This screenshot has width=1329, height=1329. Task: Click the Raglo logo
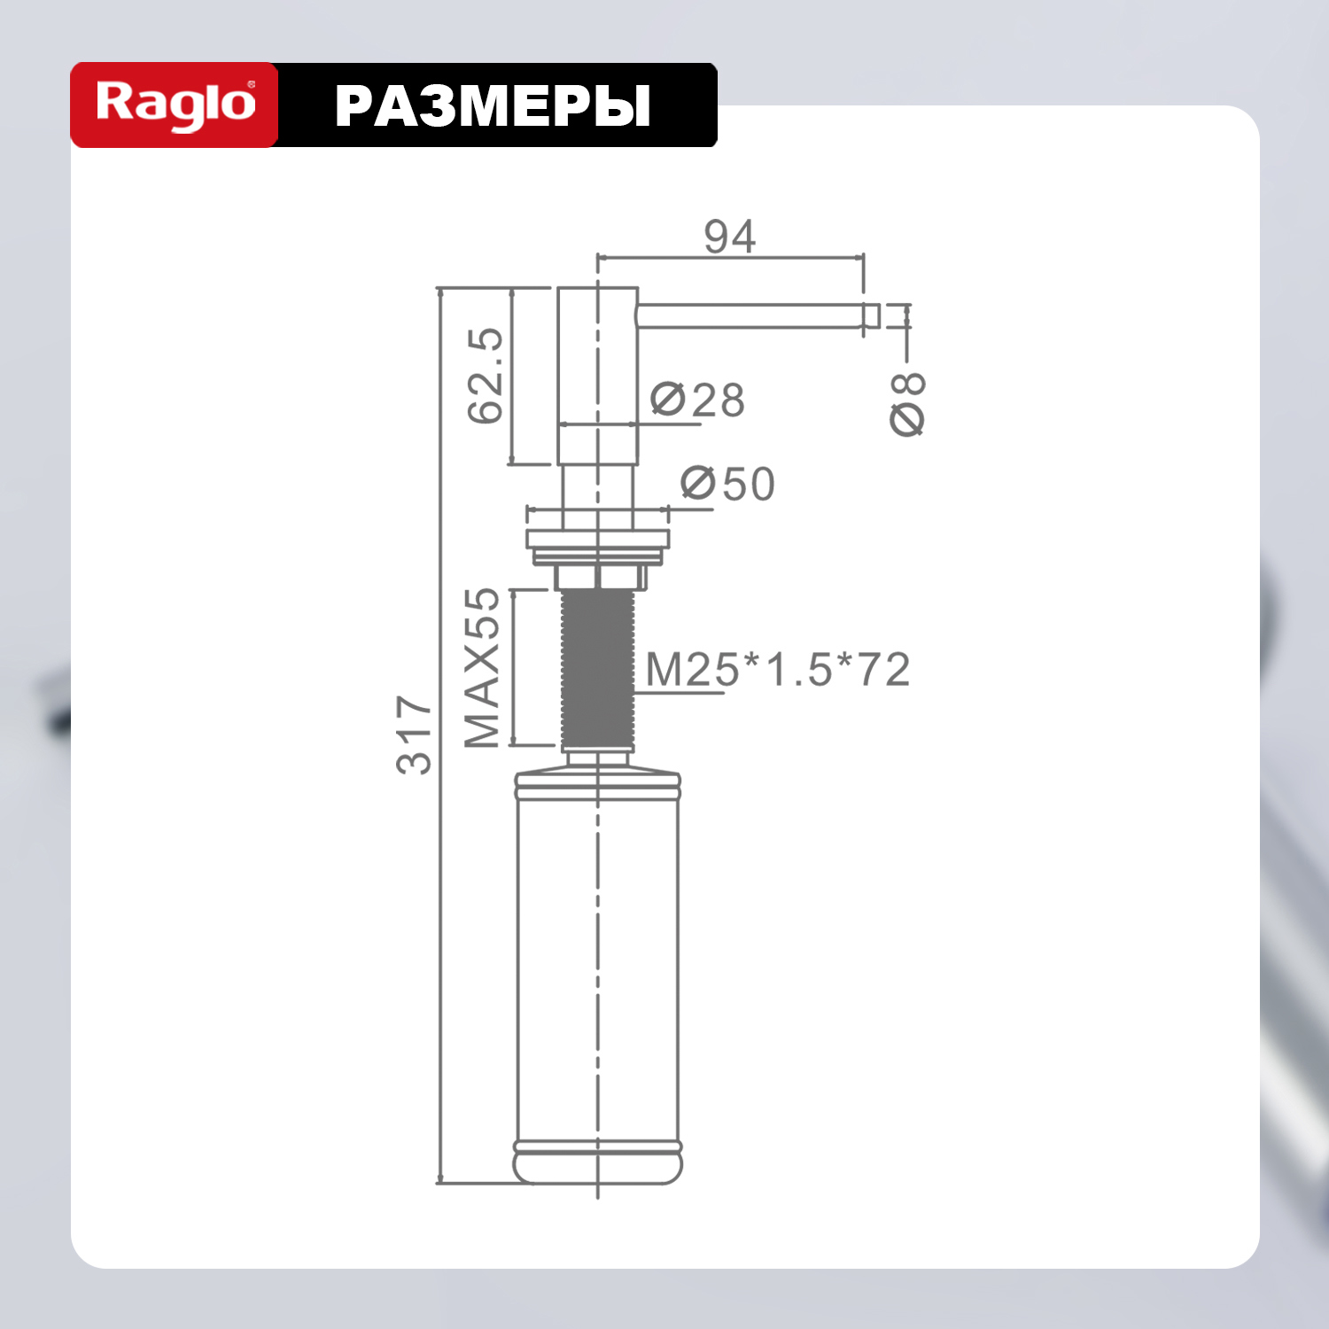tap(175, 105)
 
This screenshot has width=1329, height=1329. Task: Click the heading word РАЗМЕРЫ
tap(493, 106)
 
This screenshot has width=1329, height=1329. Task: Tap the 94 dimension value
tap(730, 237)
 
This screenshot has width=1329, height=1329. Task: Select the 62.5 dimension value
tap(486, 376)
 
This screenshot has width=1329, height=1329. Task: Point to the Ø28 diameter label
tap(698, 400)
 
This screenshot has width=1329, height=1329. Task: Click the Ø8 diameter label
tap(908, 404)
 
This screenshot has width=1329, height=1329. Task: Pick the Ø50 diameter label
tap(727, 484)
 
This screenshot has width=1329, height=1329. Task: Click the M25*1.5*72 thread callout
tap(778, 669)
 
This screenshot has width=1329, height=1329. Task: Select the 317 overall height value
tap(415, 734)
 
